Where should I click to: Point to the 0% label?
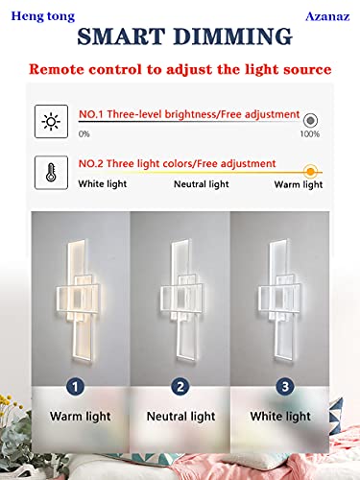(84, 133)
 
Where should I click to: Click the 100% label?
(309, 133)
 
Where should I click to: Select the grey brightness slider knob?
(310, 121)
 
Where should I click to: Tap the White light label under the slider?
(104, 183)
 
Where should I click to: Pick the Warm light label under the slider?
(298, 183)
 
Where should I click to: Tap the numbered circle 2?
(179, 387)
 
